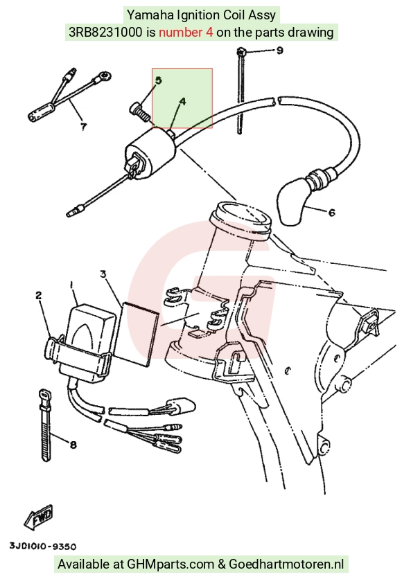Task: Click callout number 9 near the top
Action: pyautogui.click(x=280, y=51)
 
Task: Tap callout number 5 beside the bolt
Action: pyautogui.click(x=159, y=80)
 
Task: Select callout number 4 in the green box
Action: pyautogui.click(x=182, y=101)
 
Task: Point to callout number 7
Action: pyautogui.click(x=84, y=127)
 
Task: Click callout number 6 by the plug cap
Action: pyautogui.click(x=331, y=213)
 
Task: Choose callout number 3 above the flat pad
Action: pyautogui.click(x=103, y=274)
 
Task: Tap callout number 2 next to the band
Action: pyautogui.click(x=38, y=295)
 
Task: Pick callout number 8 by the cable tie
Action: pyautogui.click(x=73, y=445)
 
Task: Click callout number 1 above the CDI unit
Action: pyautogui.click(x=71, y=285)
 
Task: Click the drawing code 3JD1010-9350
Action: pyautogui.click(x=43, y=546)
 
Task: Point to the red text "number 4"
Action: pyautogui.click(x=186, y=33)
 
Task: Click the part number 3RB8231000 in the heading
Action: pyautogui.click(x=105, y=33)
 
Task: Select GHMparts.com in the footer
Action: pyautogui.click(x=171, y=564)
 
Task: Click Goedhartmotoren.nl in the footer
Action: pyautogui.click(x=286, y=564)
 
